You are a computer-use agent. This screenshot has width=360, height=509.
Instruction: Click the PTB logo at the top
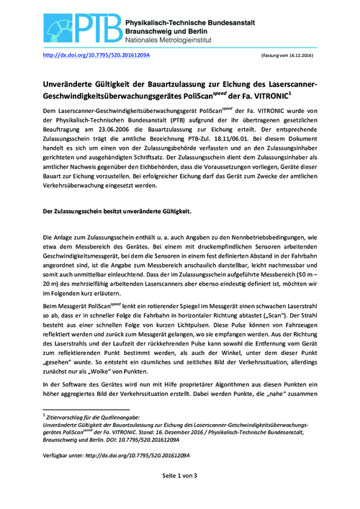(79, 23)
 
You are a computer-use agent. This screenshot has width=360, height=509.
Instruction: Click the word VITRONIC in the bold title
(287, 94)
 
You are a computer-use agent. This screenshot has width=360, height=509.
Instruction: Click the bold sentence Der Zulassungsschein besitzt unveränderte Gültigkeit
(117, 211)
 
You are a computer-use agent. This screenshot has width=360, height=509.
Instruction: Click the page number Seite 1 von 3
(180, 496)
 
